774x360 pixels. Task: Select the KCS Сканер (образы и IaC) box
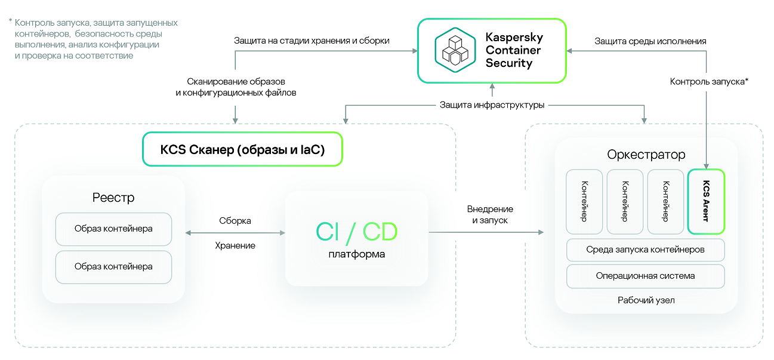tap(242, 149)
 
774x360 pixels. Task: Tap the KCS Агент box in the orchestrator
tap(706, 201)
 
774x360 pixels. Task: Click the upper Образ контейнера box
tap(113, 229)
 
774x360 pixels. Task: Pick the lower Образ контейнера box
tap(113, 267)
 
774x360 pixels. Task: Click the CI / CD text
tap(356, 232)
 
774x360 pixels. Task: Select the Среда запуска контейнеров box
tap(645, 250)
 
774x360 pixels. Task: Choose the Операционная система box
tap(645, 276)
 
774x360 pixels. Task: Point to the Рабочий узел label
tap(646, 300)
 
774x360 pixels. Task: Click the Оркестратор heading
tap(646, 155)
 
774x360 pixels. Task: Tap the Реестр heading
tap(113, 198)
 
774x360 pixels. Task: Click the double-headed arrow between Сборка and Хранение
tap(235, 233)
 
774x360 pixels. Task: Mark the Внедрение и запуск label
tap(491, 215)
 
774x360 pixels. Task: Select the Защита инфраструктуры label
tap(492, 105)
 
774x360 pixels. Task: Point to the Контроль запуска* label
tap(709, 81)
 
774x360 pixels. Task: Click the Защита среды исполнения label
tap(650, 41)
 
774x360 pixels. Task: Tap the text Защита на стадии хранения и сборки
tap(312, 41)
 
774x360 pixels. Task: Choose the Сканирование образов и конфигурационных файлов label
tap(236, 87)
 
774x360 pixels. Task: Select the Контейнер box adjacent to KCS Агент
tap(665, 201)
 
